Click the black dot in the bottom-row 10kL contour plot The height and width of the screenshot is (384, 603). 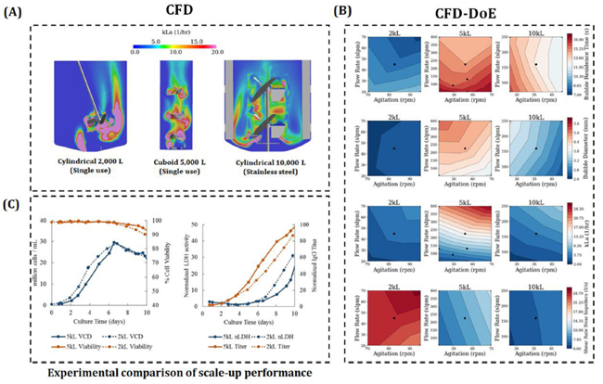tap(535, 318)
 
